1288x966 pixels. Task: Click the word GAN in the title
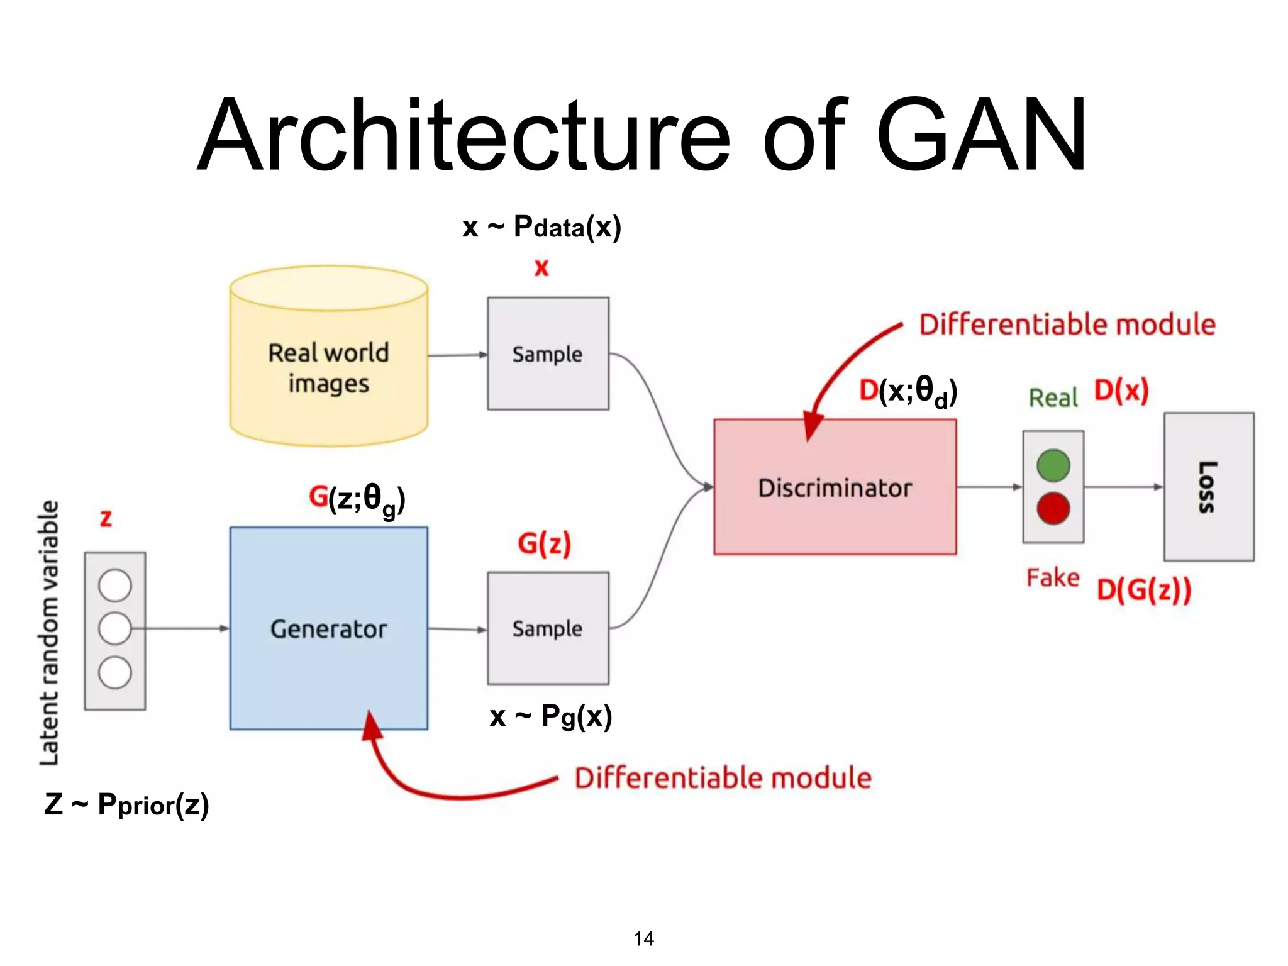(981, 135)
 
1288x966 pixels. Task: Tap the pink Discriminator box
(835, 487)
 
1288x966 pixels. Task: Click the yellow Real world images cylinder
(328, 368)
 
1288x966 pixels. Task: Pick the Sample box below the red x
(548, 353)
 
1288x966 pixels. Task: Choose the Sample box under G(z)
(548, 628)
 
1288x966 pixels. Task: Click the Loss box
(1208, 487)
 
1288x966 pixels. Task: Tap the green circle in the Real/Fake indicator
(1053, 466)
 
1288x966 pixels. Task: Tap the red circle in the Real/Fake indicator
(1053, 508)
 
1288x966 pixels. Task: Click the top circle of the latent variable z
(115, 586)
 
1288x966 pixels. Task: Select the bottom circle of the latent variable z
(115, 672)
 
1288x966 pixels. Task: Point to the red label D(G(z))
(1143, 590)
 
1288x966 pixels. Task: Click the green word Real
(1053, 397)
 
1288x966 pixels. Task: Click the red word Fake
(1053, 577)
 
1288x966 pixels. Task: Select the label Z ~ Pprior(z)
(126, 804)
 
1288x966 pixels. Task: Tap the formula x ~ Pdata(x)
(541, 227)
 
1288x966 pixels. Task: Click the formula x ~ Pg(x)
(551, 716)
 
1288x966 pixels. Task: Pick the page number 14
(643, 938)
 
